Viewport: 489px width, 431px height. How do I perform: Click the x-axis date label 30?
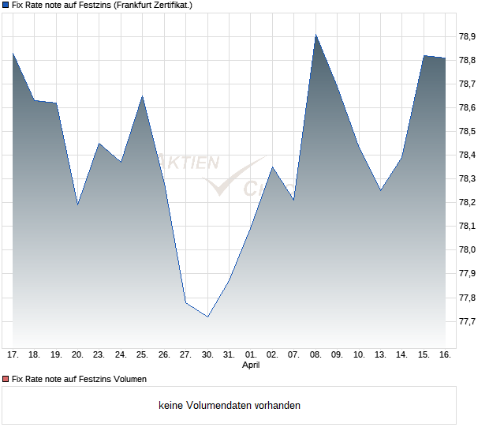(x=207, y=355)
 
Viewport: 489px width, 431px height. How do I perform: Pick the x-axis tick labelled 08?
(x=315, y=355)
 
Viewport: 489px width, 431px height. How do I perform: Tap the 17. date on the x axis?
(x=13, y=355)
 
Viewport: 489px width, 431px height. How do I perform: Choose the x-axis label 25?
(x=142, y=355)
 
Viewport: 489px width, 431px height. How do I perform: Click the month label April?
(x=251, y=365)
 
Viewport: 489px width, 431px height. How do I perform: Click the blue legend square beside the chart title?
(x=6, y=5)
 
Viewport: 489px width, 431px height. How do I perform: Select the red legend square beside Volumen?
(x=6, y=380)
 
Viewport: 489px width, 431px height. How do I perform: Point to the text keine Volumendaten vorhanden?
(x=230, y=406)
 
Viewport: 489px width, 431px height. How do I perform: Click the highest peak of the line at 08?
(x=315, y=35)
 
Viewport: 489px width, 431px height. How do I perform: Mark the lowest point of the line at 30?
(x=207, y=317)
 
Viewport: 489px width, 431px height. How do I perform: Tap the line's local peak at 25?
(x=142, y=96)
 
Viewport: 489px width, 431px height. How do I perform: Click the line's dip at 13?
(x=380, y=190)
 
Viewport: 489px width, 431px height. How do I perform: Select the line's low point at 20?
(x=77, y=204)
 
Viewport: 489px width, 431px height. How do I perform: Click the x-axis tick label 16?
(x=445, y=355)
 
